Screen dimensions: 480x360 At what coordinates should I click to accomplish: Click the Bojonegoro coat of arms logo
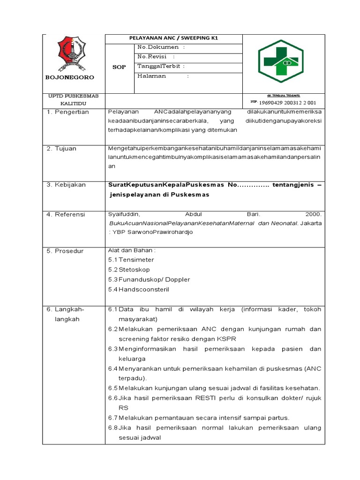(72, 54)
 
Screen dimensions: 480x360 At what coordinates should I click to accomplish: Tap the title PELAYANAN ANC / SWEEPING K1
(174, 38)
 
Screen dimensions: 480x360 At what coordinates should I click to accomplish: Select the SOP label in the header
(120, 67)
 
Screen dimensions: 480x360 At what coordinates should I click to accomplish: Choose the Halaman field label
(152, 76)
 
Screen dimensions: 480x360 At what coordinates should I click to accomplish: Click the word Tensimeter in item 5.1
(136, 260)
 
